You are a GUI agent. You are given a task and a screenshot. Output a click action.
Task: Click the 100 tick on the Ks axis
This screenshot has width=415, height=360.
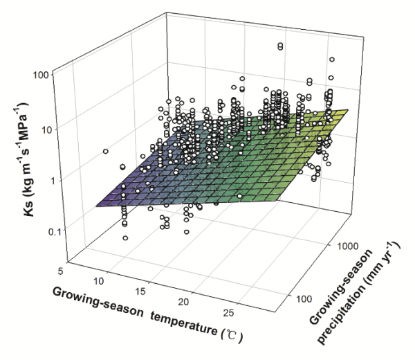pos(44,73)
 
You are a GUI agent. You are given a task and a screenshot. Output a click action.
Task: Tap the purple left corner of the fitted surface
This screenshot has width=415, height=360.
pos(97,206)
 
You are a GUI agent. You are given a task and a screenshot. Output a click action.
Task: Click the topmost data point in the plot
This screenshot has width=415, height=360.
pos(280,46)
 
